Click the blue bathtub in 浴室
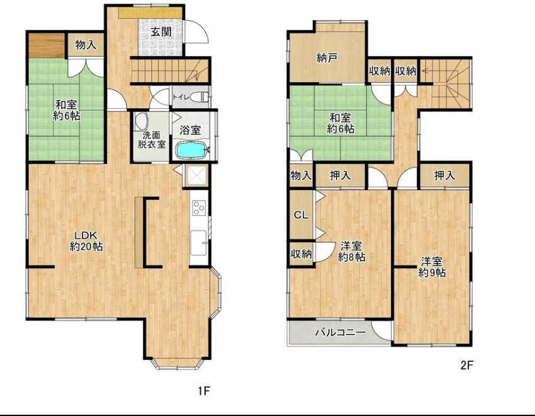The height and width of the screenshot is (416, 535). click(x=190, y=150)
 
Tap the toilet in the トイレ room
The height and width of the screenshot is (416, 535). click(x=199, y=97)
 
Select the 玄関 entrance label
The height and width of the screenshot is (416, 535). click(x=161, y=32)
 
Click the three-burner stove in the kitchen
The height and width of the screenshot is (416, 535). click(x=198, y=208)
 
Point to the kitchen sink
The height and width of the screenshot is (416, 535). click(x=198, y=243)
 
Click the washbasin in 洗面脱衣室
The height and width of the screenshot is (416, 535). click(x=141, y=121)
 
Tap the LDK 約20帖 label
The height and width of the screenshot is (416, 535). click(x=86, y=241)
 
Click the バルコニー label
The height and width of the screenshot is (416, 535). click(x=340, y=332)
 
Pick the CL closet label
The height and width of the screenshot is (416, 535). click(x=301, y=215)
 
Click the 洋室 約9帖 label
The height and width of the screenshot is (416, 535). click(x=432, y=267)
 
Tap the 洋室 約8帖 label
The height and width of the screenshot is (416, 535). click(x=351, y=252)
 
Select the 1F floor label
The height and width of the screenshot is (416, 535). click(x=204, y=391)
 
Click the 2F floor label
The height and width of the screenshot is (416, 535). click(x=467, y=366)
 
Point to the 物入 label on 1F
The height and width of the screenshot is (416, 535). click(x=86, y=44)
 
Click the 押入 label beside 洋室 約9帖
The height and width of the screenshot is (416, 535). click(x=444, y=176)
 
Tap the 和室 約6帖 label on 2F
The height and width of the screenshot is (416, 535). click(x=340, y=123)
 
